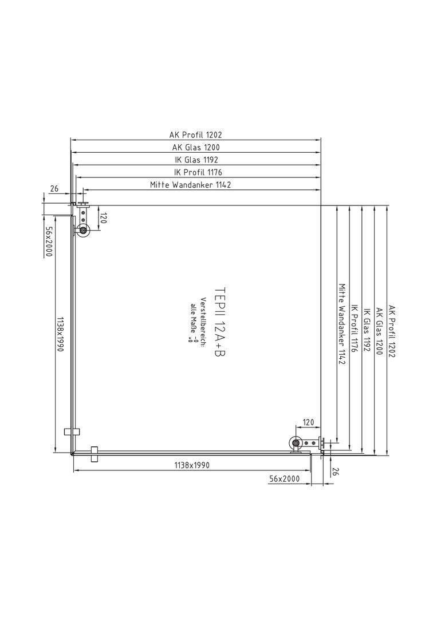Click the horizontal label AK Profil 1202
point(196,135)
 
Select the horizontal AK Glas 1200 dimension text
point(196,148)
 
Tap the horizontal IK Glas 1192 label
point(196,160)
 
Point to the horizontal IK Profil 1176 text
point(198,172)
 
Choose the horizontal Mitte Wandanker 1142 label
point(191,184)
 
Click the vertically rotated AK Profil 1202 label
point(392,331)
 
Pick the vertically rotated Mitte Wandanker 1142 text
point(342,324)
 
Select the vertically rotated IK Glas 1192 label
point(367,330)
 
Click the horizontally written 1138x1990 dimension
point(192,465)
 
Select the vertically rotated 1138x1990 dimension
point(61,334)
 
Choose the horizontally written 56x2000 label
point(285,479)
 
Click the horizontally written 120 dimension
point(308,422)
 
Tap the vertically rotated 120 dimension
point(103,219)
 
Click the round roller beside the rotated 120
point(84,231)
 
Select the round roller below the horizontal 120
point(296,443)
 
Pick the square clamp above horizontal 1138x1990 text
point(94,454)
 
